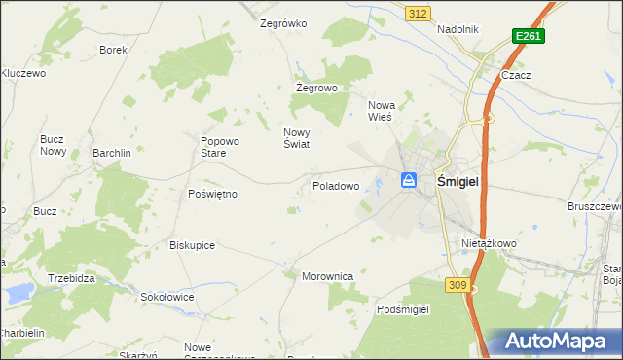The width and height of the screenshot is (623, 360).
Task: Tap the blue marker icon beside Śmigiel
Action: [x=409, y=180]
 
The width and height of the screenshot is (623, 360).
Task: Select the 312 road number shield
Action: [x=418, y=13]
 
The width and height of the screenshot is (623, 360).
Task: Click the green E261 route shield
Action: [x=529, y=36]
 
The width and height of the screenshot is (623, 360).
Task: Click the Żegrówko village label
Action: [x=284, y=23]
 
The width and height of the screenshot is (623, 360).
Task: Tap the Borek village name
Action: [x=114, y=49]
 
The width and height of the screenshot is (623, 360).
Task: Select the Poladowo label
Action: [x=336, y=185]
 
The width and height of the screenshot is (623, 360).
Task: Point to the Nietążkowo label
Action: [x=489, y=243]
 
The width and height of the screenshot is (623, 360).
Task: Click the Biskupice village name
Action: [x=192, y=245]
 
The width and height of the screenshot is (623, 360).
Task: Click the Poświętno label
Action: [x=212, y=194]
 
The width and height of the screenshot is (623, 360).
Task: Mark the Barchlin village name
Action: [x=112, y=153]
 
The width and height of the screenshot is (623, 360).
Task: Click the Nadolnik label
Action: [x=458, y=29]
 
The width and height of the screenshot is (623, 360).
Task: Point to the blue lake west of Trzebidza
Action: [x=18, y=291]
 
